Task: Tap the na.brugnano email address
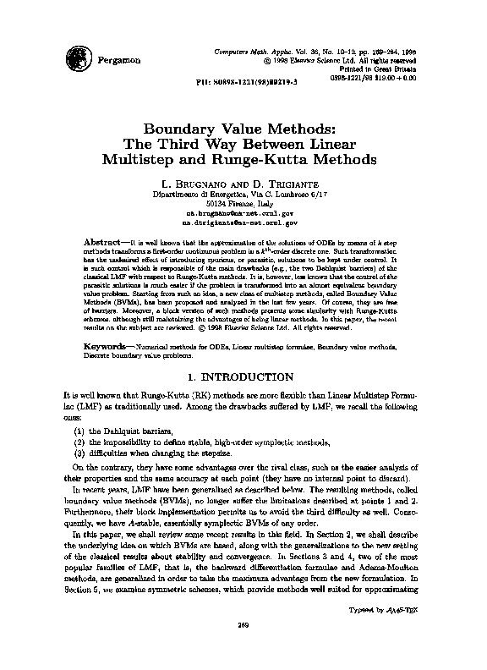pos(243,215)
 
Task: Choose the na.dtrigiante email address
pos(243,225)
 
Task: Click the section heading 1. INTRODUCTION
pos(243,352)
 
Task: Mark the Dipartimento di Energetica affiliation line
pos(243,194)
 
